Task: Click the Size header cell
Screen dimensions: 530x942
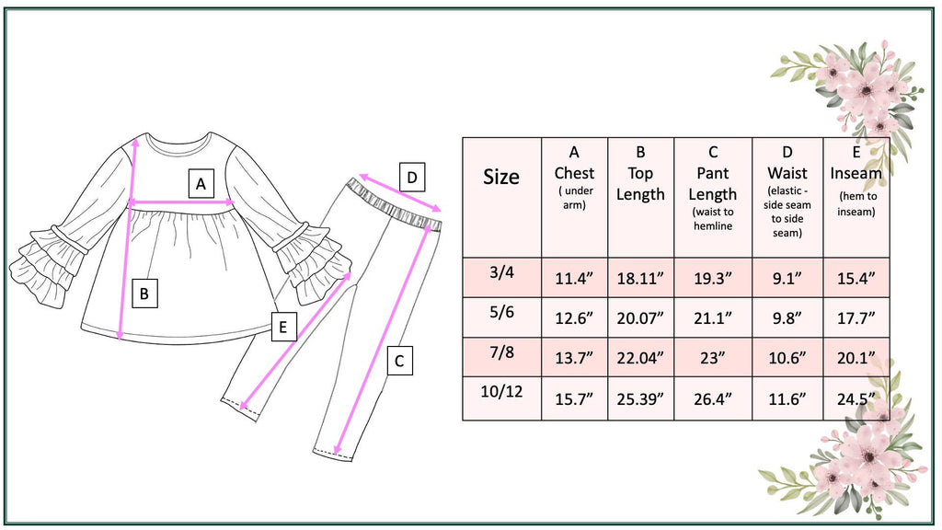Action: click(x=501, y=177)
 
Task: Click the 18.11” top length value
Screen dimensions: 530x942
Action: click(x=640, y=277)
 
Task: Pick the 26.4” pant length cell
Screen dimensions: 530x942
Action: click(x=713, y=398)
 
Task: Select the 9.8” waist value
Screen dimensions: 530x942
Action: click(x=787, y=317)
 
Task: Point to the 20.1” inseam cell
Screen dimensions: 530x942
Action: click(x=856, y=358)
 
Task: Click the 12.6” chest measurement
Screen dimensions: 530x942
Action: click(x=574, y=317)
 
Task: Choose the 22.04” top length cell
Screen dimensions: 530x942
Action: click(x=640, y=358)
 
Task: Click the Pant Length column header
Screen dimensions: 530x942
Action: click(x=713, y=184)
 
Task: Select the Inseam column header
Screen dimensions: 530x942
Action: click(x=856, y=173)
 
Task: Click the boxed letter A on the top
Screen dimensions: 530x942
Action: click(x=201, y=184)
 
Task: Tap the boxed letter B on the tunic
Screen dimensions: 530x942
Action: click(x=144, y=294)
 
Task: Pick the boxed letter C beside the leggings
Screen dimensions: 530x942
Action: click(x=398, y=361)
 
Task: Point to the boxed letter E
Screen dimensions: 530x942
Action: click(x=283, y=326)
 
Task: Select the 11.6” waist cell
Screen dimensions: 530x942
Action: click(x=787, y=398)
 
